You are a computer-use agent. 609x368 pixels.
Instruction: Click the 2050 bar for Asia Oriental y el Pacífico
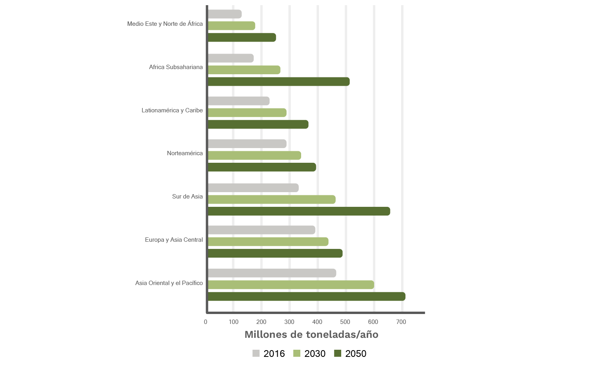306,297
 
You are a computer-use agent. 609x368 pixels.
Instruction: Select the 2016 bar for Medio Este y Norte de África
225,14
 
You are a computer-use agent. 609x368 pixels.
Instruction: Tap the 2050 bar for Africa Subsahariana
279,82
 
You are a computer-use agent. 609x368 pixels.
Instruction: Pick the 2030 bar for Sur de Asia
271,200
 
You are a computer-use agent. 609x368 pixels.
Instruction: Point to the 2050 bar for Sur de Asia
299,211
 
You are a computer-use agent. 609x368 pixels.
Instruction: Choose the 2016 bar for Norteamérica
247,144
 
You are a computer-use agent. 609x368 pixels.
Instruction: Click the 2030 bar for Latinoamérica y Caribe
247,113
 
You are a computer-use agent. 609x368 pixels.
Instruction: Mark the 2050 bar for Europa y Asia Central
275,253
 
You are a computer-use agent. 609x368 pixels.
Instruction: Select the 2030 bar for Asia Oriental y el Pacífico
290,285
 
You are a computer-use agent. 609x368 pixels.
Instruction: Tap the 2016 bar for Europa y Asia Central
261,230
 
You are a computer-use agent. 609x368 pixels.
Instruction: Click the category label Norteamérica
185,153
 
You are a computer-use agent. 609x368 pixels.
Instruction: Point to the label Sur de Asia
187,197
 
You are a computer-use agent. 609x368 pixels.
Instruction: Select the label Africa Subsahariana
176,67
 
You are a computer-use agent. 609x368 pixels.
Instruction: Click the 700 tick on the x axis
401,322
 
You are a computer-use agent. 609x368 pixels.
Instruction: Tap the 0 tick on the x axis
206,322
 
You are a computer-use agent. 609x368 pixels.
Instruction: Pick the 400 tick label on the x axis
317,322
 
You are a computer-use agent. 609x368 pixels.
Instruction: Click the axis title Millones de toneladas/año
311,335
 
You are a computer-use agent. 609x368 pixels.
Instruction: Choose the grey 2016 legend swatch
256,353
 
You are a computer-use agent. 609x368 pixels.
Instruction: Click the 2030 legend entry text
315,354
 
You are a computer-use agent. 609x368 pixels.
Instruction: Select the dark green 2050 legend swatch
338,353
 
